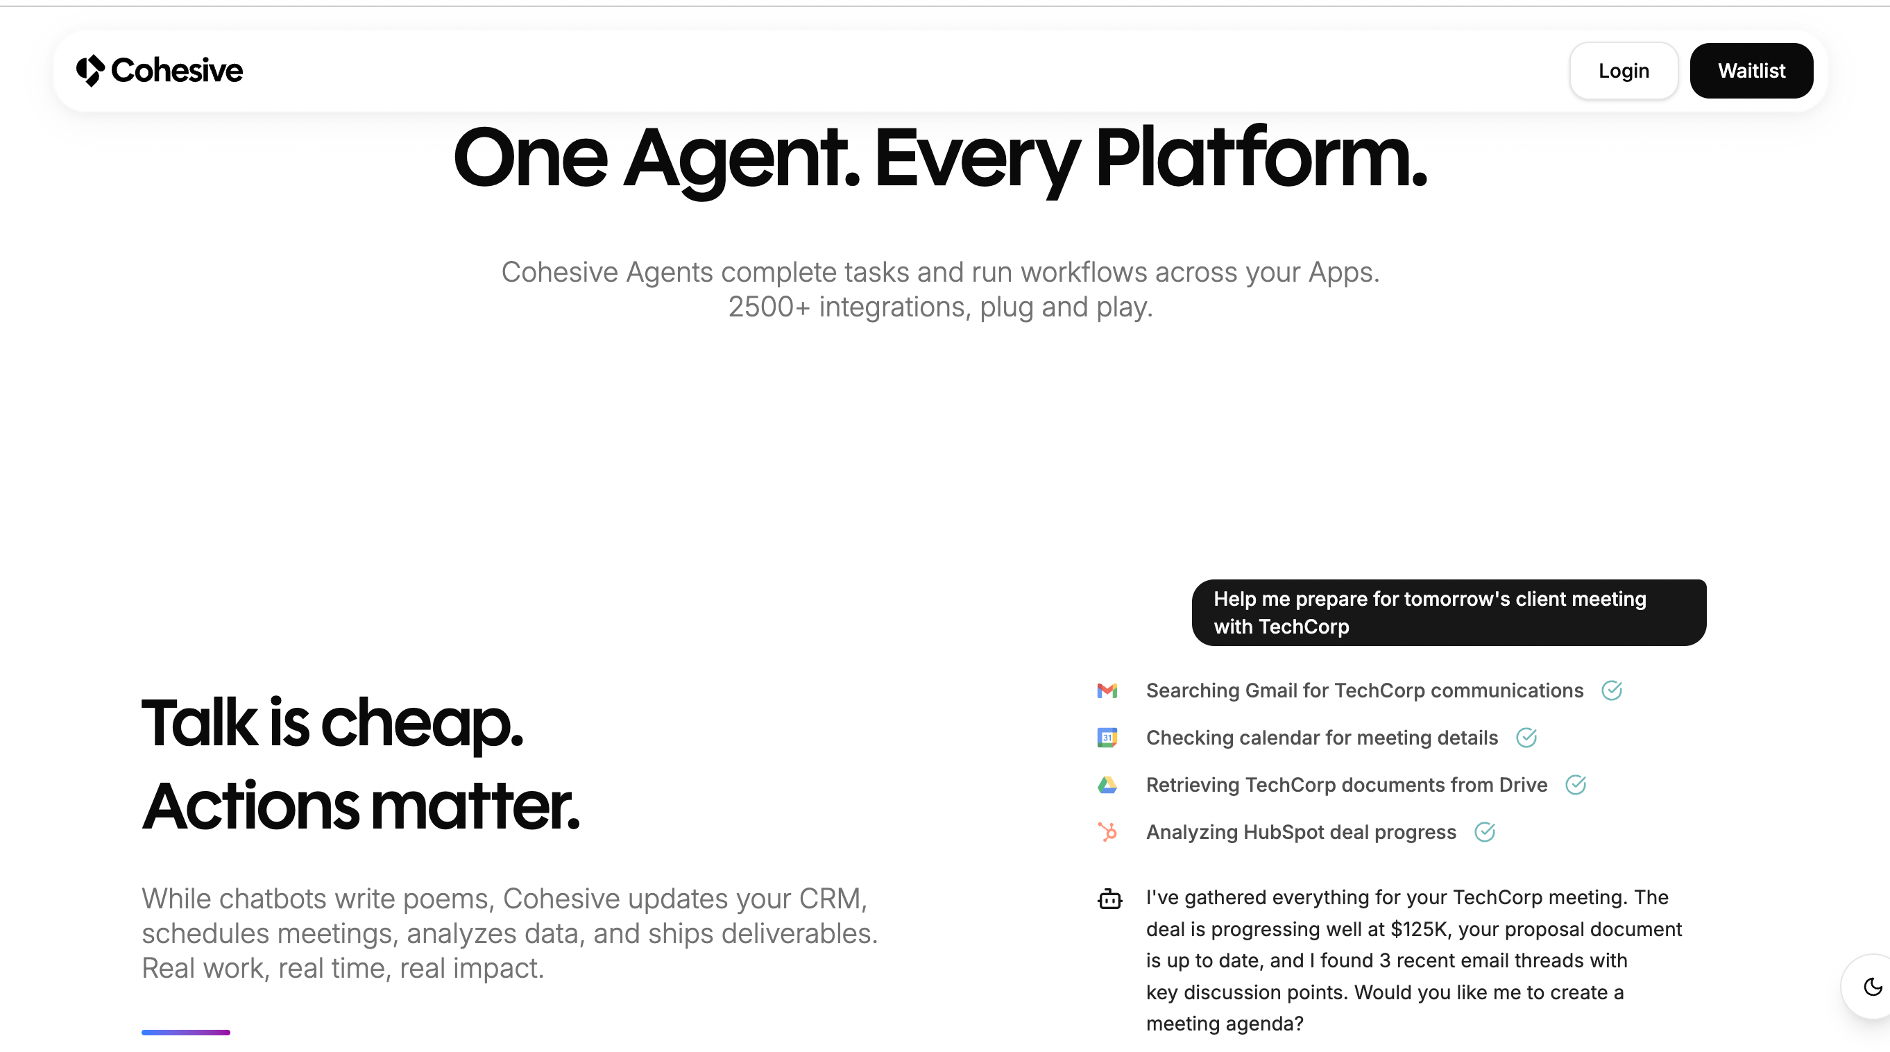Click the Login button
click(x=1623, y=70)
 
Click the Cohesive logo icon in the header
click(x=91, y=70)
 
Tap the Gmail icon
click(x=1107, y=690)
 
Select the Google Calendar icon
click(x=1107, y=737)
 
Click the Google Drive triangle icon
click(x=1107, y=785)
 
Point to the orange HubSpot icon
click(x=1107, y=832)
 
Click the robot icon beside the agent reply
click(x=1109, y=898)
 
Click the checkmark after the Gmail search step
click(x=1611, y=690)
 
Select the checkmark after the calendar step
click(x=1526, y=737)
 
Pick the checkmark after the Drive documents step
click(x=1575, y=785)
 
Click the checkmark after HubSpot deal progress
click(x=1484, y=832)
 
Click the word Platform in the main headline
click(x=1261, y=157)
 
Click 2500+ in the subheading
click(x=769, y=307)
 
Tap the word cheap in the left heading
click(x=422, y=727)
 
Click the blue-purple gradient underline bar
click(x=186, y=1032)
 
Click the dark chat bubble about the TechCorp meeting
click(x=1448, y=613)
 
